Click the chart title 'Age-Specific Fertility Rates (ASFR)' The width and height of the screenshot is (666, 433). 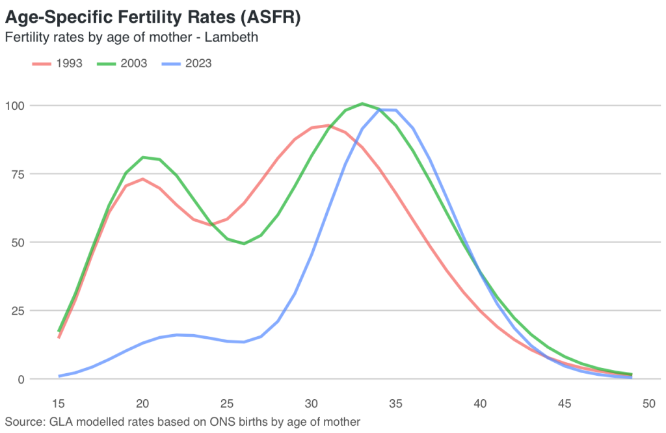click(153, 18)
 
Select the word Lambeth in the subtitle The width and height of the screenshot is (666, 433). click(231, 37)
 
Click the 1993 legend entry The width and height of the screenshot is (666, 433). click(57, 63)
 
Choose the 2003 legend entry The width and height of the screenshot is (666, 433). click(122, 63)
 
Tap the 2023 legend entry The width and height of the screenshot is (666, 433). click(187, 63)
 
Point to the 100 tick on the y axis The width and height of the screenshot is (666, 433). click(14, 105)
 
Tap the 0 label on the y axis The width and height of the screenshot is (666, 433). click(21, 380)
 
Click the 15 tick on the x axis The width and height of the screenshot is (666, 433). click(58, 403)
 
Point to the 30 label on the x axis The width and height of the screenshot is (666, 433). click(312, 403)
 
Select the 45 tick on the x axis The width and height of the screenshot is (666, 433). click(565, 403)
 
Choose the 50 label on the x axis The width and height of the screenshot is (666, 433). click(648, 403)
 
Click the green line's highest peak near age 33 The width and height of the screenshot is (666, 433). click(362, 103)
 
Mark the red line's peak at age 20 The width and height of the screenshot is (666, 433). click(142, 179)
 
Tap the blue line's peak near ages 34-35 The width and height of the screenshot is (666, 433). click(388, 110)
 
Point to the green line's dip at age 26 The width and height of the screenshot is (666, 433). click(244, 244)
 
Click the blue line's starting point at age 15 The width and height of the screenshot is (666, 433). click(59, 376)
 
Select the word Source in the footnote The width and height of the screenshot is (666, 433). click(25, 421)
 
